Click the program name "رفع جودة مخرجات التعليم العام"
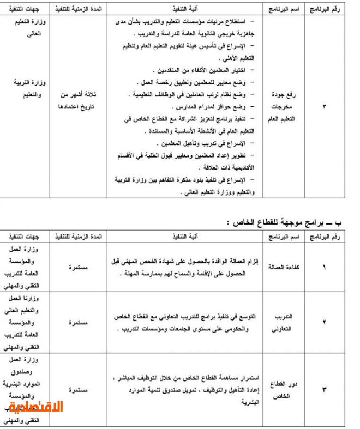click(283, 106)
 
